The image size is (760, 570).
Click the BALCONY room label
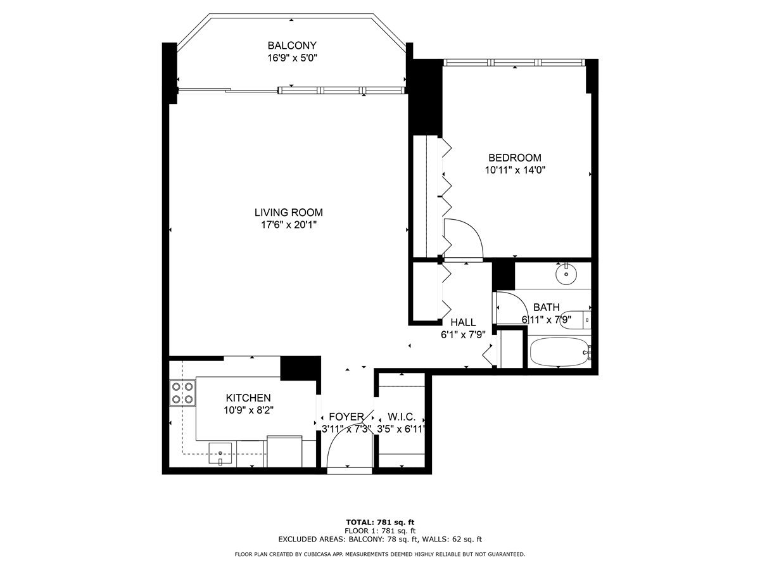pyautogui.click(x=292, y=46)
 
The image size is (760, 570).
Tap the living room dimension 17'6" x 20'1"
pyautogui.click(x=289, y=225)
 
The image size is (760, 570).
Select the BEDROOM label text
pyautogui.click(x=515, y=158)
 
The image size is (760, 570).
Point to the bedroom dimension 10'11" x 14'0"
pyautogui.click(x=515, y=170)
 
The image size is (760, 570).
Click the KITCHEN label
pyautogui.click(x=248, y=398)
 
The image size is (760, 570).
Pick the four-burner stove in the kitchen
pyautogui.click(x=182, y=393)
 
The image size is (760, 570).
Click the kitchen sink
pyautogui.click(x=220, y=453)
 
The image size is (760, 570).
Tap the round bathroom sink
pyautogui.click(x=566, y=274)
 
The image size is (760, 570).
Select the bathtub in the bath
pyautogui.click(x=560, y=351)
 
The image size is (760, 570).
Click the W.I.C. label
pyautogui.click(x=402, y=417)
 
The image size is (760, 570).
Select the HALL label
pyautogui.click(x=463, y=322)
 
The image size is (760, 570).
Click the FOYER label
pyautogui.click(x=346, y=417)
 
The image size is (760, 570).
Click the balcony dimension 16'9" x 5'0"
pyautogui.click(x=292, y=58)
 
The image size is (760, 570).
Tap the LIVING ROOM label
pyautogui.click(x=289, y=213)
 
